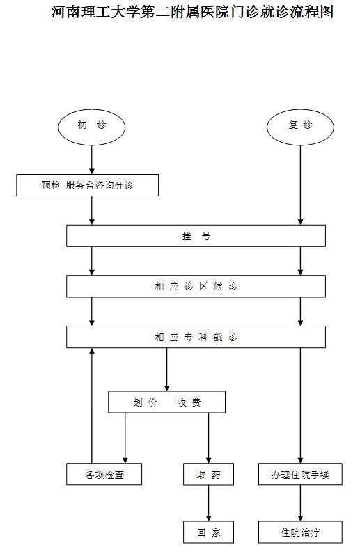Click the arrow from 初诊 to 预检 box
coord(92,159)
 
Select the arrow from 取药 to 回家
coord(208,503)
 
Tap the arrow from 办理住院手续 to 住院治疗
coord(301,503)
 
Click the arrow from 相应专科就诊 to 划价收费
coord(167,370)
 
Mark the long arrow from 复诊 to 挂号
coord(301,185)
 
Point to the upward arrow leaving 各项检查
coord(92,406)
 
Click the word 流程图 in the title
coord(311,12)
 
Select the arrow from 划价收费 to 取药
coord(208,438)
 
